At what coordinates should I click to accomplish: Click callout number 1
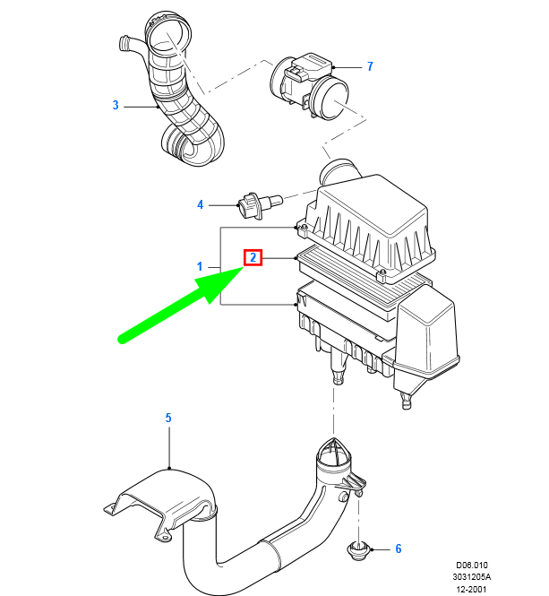pyautogui.click(x=200, y=266)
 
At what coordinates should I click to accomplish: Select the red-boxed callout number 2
pyautogui.click(x=253, y=258)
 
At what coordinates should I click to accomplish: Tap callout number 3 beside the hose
pyautogui.click(x=116, y=105)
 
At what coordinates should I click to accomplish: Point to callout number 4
pyautogui.click(x=200, y=205)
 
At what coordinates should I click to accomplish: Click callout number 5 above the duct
pyautogui.click(x=168, y=418)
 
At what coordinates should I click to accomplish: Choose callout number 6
pyautogui.click(x=399, y=548)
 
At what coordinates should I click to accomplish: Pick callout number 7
pyautogui.click(x=370, y=66)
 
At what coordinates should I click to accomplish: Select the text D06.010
pyautogui.click(x=472, y=566)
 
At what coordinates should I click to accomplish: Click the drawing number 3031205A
pyautogui.click(x=471, y=577)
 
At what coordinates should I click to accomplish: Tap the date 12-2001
pyautogui.click(x=471, y=589)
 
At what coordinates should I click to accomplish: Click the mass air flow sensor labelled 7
pyautogui.click(x=310, y=87)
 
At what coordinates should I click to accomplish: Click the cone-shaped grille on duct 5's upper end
pyautogui.click(x=333, y=453)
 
